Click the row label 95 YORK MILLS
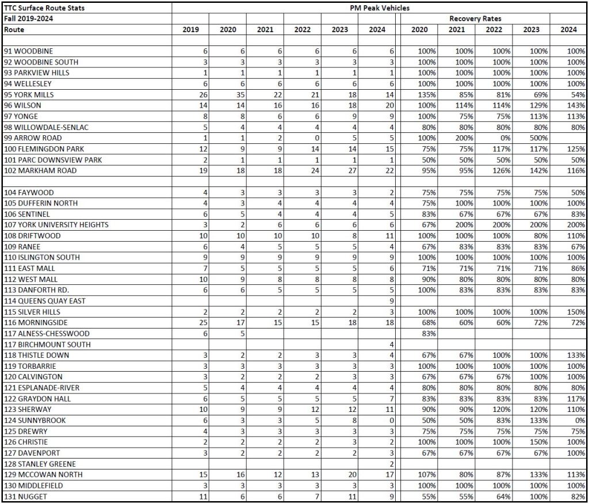click(x=31, y=94)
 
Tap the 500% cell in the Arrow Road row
click(x=540, y=138)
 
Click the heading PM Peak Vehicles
click(x=380, y=8)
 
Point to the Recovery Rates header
click(x=475, y=19)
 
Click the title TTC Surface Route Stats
click(x=43, y=8)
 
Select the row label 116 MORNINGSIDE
click(x=36, y=323)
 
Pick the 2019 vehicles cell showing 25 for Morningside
click(x=202, y=323)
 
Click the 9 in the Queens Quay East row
click(x=391, y=301)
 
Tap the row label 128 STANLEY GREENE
click(x=40, y=464)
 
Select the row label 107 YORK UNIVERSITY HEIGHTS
click(x=56, y=225)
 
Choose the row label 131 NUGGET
click(x=26, y=497)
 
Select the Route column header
click(x=14, y=29)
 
